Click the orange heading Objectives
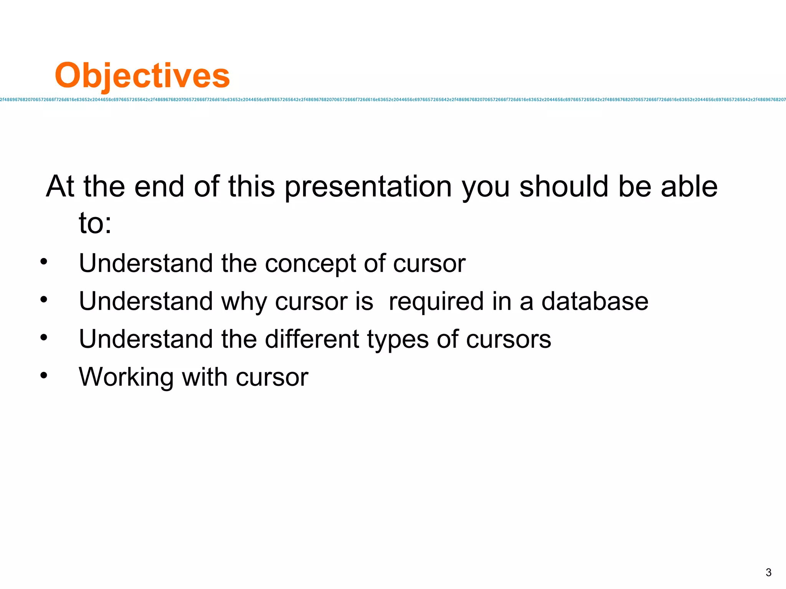coord(142,76)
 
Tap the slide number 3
coord(768,572)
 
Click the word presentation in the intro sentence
coord(368,187)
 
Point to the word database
coord(594,301)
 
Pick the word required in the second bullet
coord(436,302)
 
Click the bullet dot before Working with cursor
coord(44,375)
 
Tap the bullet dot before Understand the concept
coord(44,262)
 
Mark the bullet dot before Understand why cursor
coord(44,299)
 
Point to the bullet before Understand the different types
coord(44,337)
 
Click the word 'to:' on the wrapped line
coord(95,224)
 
